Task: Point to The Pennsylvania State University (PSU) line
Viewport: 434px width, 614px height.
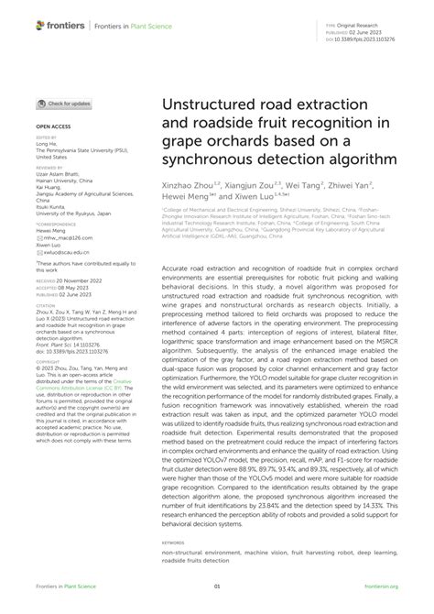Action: pyautogui.click(x=75, y=150)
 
